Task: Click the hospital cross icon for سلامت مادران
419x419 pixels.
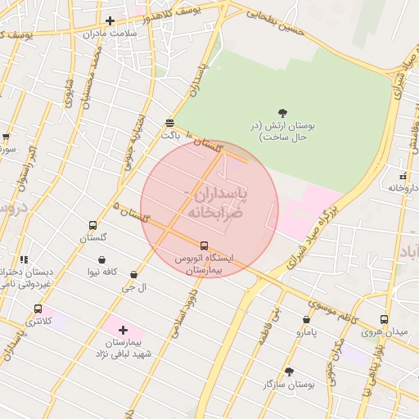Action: (x=110, y=20)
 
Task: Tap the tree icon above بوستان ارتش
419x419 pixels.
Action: (x=282, y=113)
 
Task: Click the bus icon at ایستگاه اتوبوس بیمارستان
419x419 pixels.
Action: (x=204, y=245)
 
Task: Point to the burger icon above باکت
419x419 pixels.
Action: (x=169, y=122)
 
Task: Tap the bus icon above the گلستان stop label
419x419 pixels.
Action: (x=92, y=225)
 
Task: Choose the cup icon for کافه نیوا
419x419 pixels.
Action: (x=102, y=259)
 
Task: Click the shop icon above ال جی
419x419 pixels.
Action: (x=133, y=275)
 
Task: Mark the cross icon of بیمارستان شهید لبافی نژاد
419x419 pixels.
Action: (x=123, y=330)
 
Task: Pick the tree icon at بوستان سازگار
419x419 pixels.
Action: (x=289, y=372)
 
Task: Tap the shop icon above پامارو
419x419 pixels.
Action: (x=306, y=321)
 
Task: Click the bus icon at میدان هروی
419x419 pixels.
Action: (x=385, y=320)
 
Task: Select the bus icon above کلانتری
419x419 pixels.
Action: (x=38, y=309)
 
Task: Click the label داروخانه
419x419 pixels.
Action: (x=402, y=187)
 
